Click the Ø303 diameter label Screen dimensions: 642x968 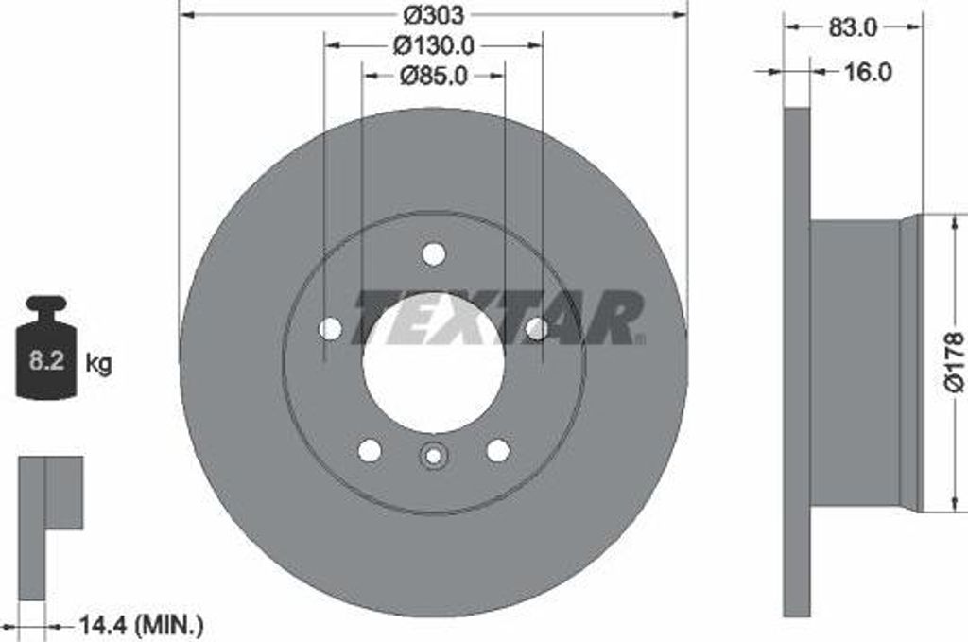click(x=433, y=14)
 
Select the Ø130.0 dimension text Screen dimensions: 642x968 click(x=433, y=44)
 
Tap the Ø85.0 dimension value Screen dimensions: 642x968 click(x=433, y=76)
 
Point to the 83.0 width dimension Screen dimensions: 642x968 click(x=853, y=27)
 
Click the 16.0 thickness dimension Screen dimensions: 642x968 click(x=866, y=72)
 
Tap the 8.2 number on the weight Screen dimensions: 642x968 click(x=46, y=360)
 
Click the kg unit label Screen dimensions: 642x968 click(x=98, y=363)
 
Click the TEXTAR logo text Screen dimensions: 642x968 click(x=499, y=318)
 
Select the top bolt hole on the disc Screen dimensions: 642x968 click(x=433, y=253)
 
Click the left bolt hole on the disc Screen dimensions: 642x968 click(x=330, y=328)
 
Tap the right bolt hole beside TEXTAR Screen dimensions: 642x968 click(x=536, y=328)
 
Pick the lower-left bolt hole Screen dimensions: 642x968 click(x=370, y=450)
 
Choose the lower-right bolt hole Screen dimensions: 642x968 click(x=497, y=450)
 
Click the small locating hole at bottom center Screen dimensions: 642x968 click(x=433, y=456)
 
